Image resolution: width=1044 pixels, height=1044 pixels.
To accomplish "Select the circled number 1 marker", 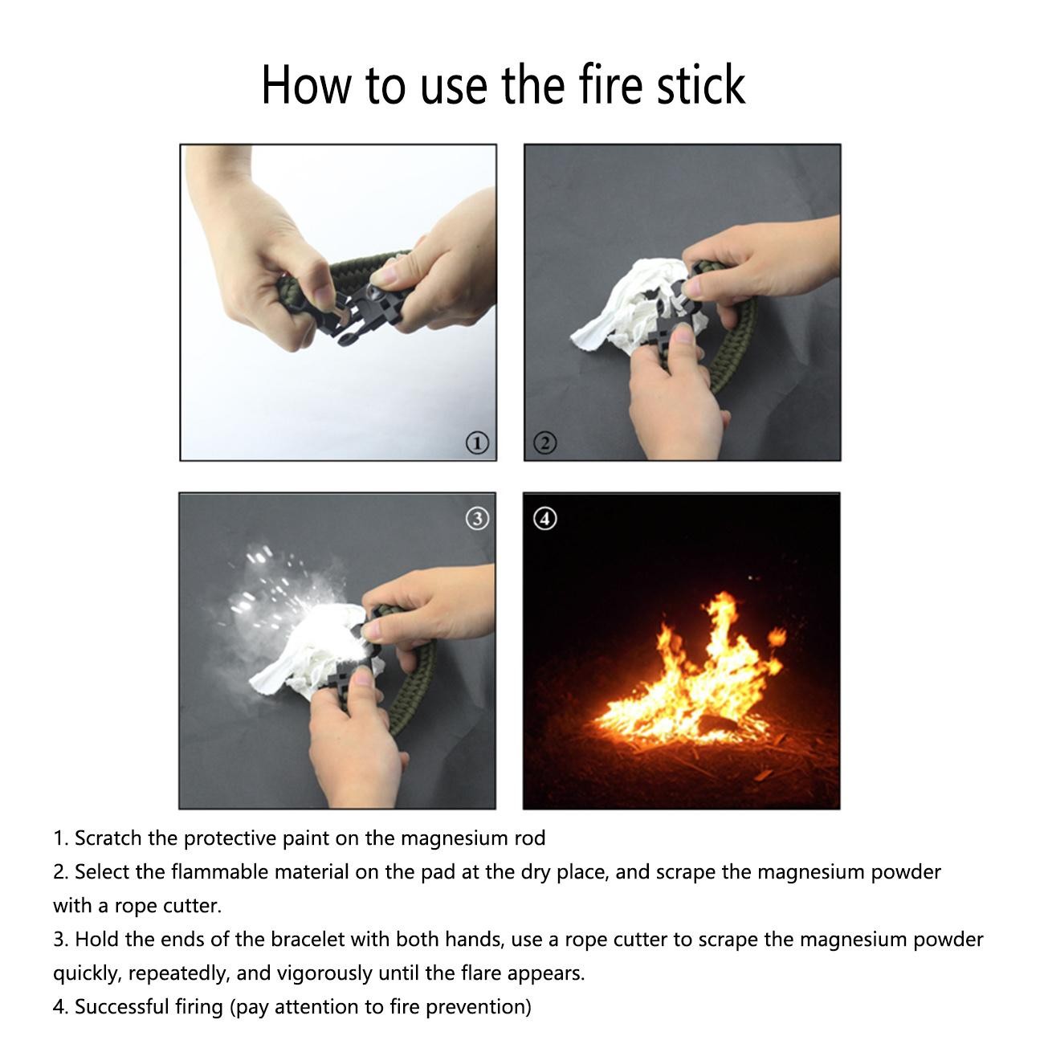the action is pyautogui.click(x=477, y=442).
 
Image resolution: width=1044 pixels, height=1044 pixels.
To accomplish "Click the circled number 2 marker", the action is pyautogui.click(x=545, y=442).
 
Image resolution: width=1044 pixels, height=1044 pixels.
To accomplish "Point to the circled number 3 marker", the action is pyautogui.click(x=477, y=519).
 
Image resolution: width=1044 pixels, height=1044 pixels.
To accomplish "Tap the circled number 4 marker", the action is pyautogui.click(x=545, y=519).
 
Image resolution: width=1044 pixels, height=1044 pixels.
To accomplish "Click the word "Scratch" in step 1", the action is pyautogui.click(x=108, y=838).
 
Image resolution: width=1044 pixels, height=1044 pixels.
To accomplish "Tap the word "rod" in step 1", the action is pyautogui.click(x=530, y=838).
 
